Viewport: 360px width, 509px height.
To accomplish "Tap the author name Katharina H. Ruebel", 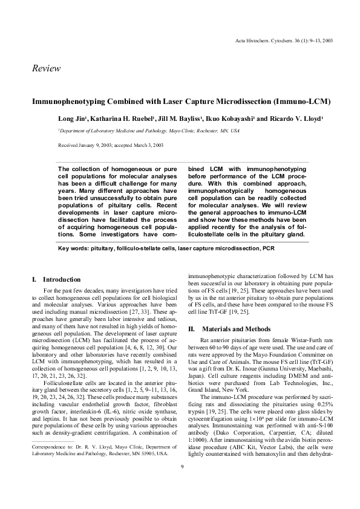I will (x=116, y=118).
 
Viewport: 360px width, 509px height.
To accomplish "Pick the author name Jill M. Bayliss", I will (x=170, y=118).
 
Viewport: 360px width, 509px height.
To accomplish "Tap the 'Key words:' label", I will (x=74, y=248).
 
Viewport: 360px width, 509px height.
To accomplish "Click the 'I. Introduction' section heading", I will (x=56, y=279).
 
